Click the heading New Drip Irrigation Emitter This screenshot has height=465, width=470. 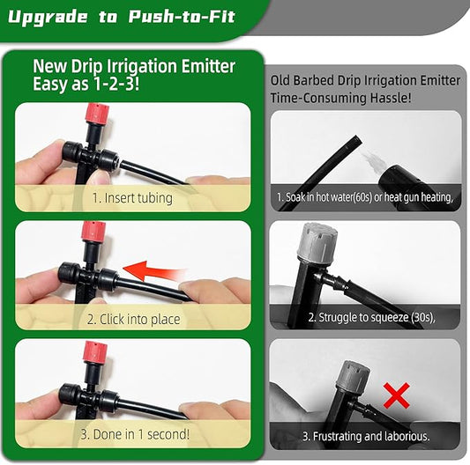pos(134,66)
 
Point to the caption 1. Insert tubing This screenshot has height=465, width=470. pos(132,198)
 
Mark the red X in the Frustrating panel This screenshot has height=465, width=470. pos(398,395)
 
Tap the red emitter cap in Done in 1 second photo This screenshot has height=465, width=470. pos(92,351)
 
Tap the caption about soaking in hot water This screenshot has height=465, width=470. pos(364,197)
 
